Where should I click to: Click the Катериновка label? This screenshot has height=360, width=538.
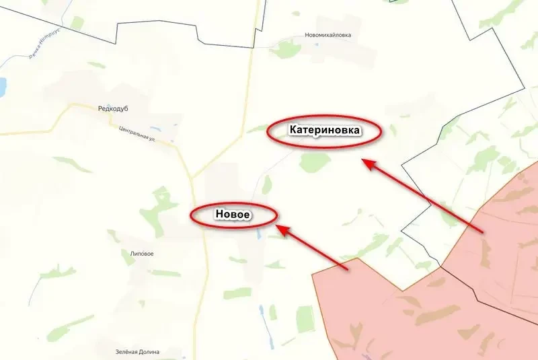325,130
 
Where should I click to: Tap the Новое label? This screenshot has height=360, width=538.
233,215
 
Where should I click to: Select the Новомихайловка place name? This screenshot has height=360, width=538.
328,35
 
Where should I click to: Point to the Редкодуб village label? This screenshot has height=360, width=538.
112,108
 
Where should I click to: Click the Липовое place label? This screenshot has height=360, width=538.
142,254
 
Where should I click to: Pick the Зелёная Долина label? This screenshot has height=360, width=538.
138,352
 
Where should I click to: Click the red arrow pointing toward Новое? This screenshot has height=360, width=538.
313,248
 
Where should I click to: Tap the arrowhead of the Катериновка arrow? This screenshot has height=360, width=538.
365,161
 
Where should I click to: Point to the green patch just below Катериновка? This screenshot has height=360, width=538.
315,161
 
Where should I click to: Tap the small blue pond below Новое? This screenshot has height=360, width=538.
258,234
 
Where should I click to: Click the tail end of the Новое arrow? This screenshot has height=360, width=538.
347,269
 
